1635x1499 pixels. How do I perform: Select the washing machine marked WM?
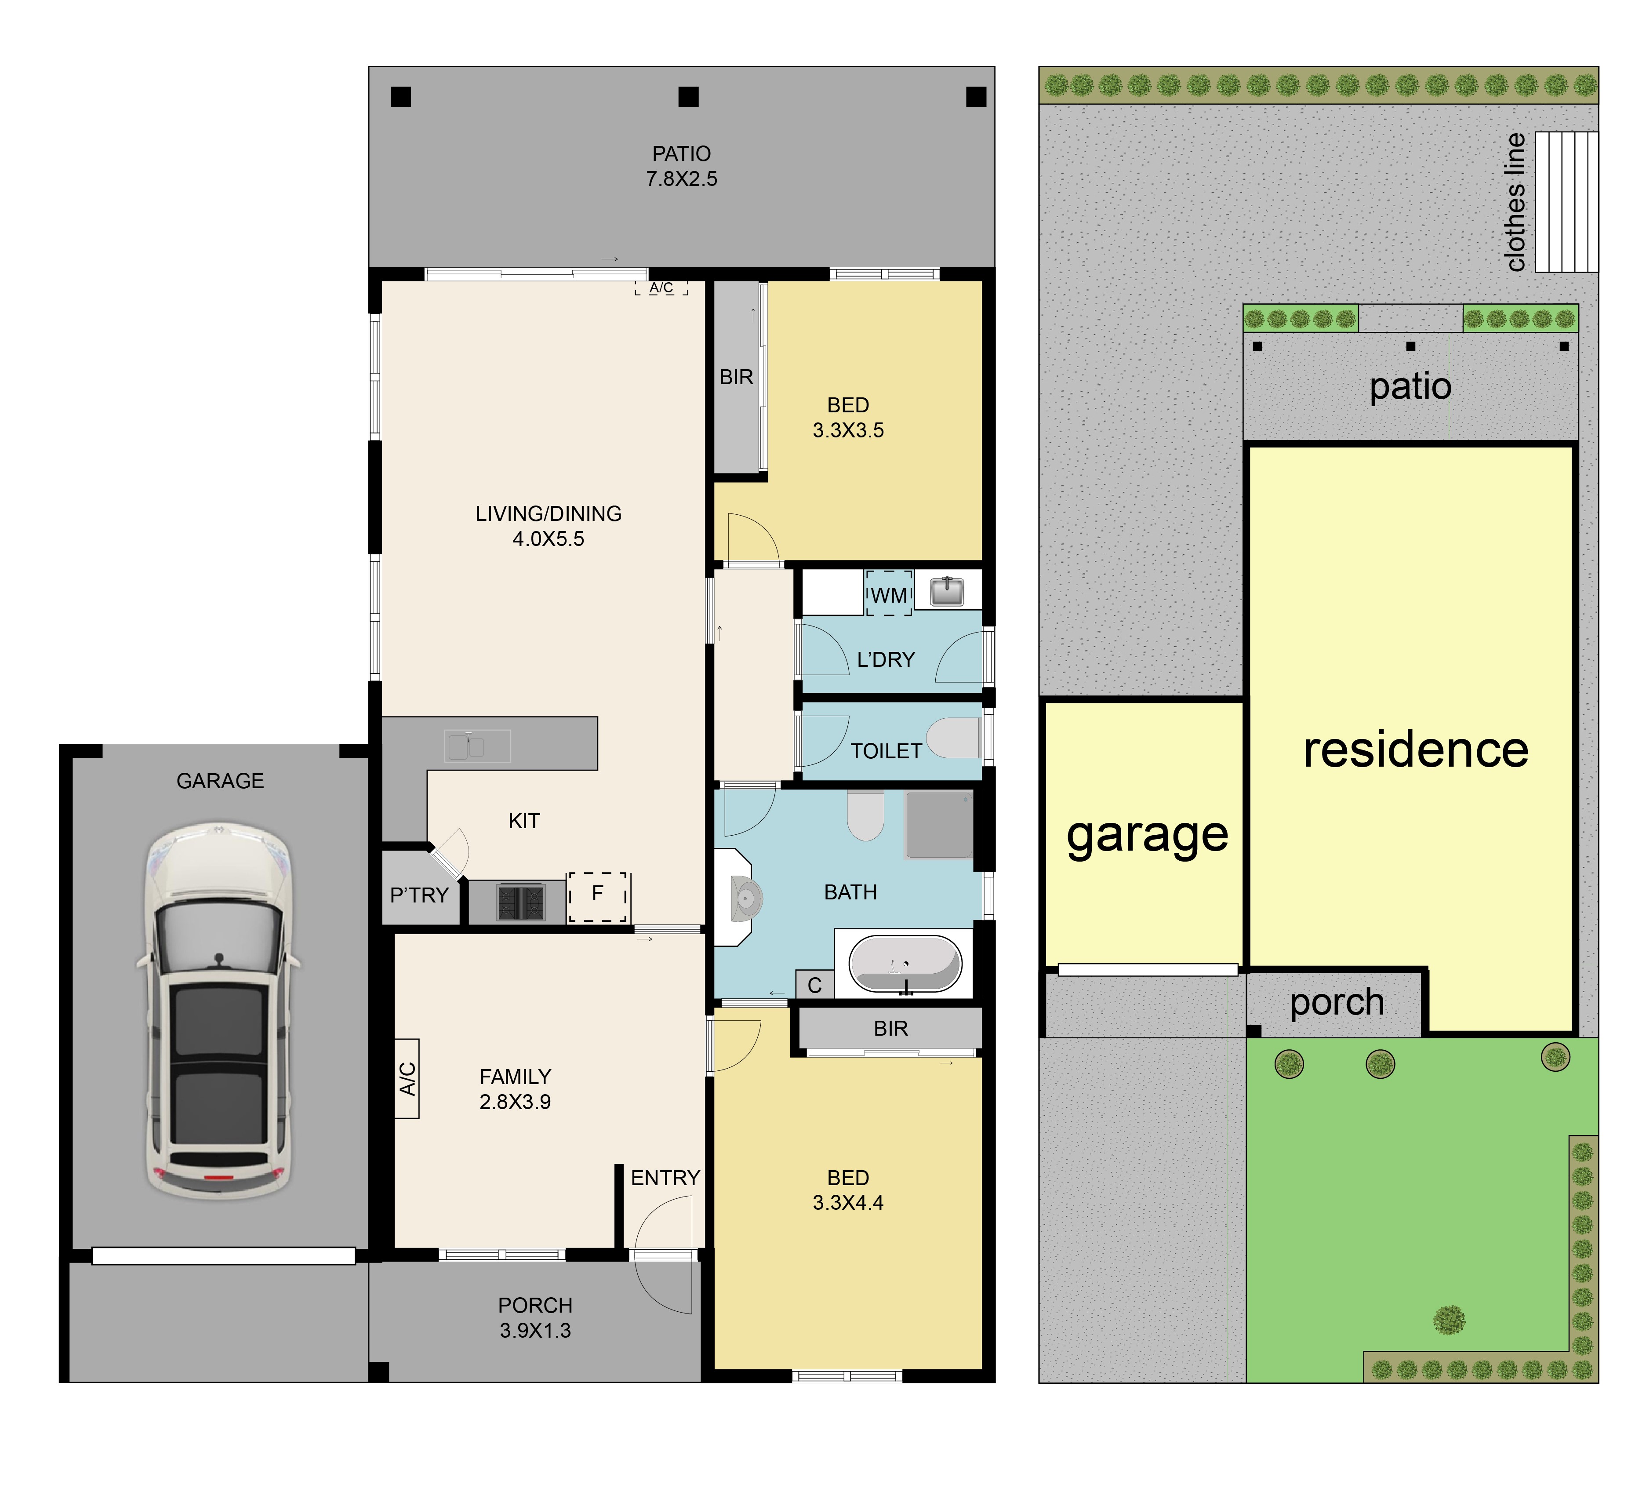point(889,593)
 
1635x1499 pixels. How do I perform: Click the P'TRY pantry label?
point(419,895)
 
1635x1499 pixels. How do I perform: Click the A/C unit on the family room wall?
point(407,1079)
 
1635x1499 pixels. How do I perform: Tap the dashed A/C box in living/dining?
point(661,287)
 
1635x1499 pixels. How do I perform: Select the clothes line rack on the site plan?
point(1566,202)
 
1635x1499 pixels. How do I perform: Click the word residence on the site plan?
point(1415,749)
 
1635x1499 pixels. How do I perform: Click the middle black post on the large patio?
point(688,97)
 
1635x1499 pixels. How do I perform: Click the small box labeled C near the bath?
point(815,985)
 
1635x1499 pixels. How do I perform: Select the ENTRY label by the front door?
point(665,1178)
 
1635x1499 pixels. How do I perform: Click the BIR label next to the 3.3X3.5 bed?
point(736,377)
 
